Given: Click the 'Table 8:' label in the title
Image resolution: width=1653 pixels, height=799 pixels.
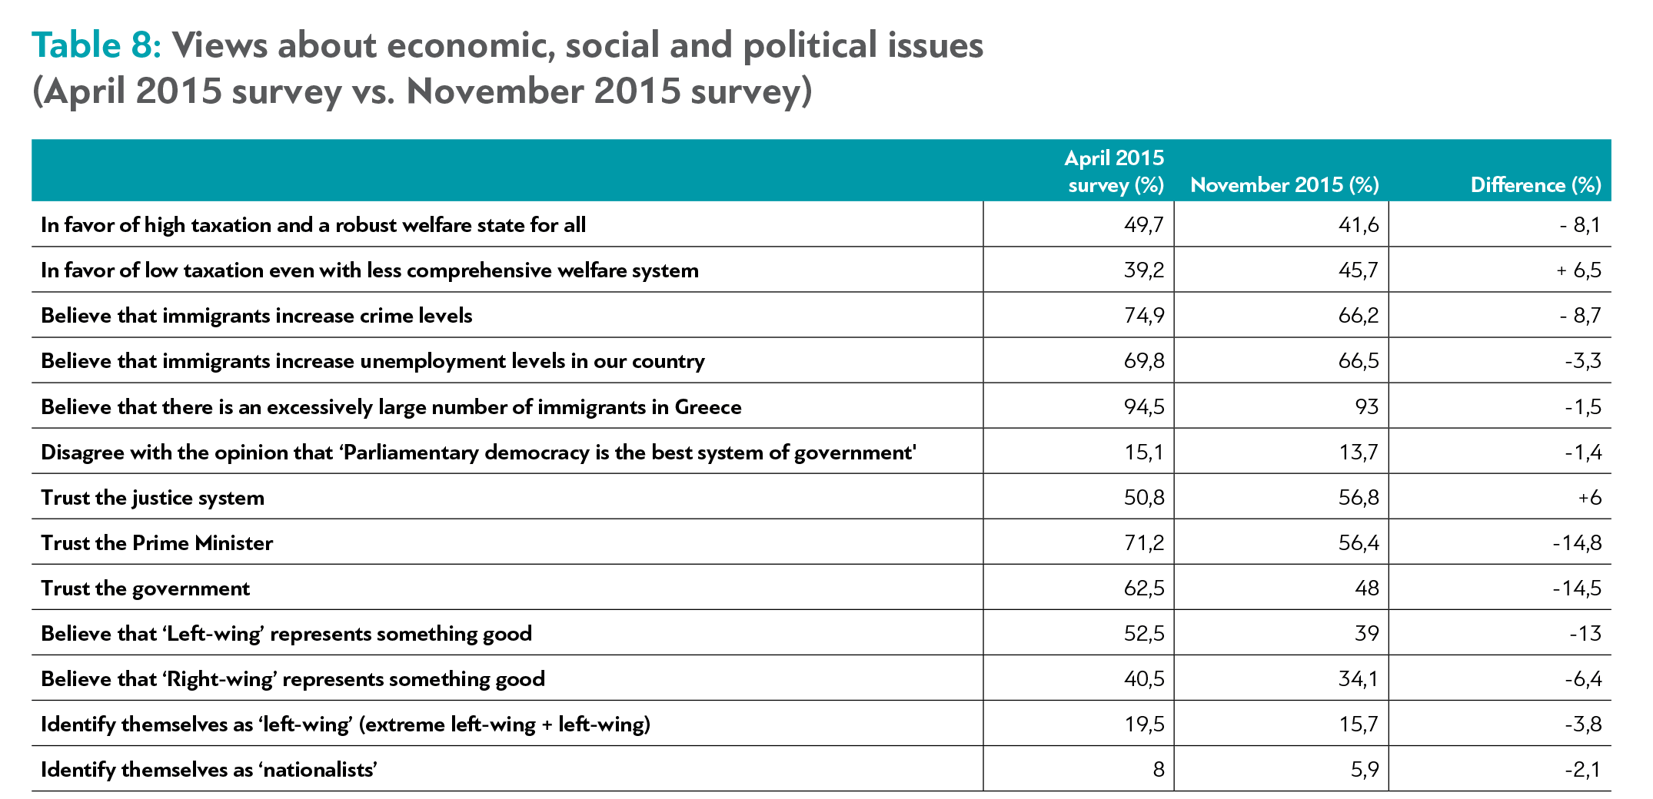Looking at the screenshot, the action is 96,45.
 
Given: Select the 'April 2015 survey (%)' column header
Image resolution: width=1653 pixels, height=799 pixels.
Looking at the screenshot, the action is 1114,171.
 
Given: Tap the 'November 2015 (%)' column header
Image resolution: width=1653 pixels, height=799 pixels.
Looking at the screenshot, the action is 1284,185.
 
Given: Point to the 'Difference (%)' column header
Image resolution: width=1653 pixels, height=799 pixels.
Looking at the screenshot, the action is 1535,185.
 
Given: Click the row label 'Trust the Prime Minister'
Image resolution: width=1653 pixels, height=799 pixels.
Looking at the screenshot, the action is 157,543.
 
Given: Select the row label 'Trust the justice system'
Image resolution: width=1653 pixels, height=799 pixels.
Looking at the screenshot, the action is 152,498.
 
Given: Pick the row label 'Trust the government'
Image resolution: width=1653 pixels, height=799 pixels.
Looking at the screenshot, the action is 145,588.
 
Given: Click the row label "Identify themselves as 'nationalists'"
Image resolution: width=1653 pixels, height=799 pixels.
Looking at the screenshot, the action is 209,770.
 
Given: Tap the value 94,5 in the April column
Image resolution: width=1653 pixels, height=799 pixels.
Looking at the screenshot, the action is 1144,407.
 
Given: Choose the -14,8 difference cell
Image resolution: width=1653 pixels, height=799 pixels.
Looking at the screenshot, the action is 1577,543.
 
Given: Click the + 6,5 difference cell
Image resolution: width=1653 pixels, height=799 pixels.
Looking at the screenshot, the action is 1578,270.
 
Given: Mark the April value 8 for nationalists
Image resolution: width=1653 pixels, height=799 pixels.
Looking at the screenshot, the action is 1158,770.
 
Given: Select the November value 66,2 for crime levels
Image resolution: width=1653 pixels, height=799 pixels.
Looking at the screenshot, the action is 1359,316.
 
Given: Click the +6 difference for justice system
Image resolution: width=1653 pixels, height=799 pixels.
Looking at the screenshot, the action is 1589,498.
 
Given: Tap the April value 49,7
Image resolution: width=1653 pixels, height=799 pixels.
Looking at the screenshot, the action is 1144,225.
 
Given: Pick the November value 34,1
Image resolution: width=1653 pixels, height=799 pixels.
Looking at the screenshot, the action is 1359,679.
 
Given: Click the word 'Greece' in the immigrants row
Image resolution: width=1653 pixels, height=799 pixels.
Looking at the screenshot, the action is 708,407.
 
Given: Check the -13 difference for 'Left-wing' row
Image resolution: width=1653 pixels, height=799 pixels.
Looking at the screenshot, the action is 1585,634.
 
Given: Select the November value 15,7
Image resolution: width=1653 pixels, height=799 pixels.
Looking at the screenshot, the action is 1359,724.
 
